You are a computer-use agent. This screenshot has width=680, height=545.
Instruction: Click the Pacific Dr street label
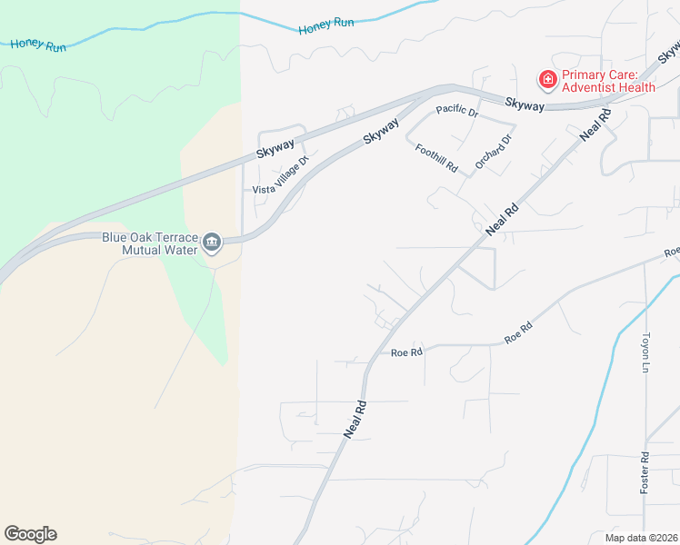457,111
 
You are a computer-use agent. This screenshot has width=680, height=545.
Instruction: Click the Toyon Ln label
646,352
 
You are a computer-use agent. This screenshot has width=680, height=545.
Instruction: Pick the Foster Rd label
644,473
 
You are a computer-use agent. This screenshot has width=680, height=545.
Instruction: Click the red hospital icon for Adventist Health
548,80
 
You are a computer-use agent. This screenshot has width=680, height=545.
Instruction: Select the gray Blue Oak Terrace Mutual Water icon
213,242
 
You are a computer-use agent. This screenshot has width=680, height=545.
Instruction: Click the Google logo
30,534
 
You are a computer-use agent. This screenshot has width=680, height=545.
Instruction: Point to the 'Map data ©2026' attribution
641,538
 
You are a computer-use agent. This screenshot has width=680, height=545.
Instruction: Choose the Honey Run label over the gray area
325,25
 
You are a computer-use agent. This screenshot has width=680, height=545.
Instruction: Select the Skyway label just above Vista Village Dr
276,145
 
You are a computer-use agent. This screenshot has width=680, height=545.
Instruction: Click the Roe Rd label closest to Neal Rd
406,352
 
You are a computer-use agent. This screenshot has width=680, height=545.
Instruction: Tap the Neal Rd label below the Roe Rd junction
355,420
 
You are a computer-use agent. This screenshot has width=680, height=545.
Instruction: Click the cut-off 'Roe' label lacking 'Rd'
672,252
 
